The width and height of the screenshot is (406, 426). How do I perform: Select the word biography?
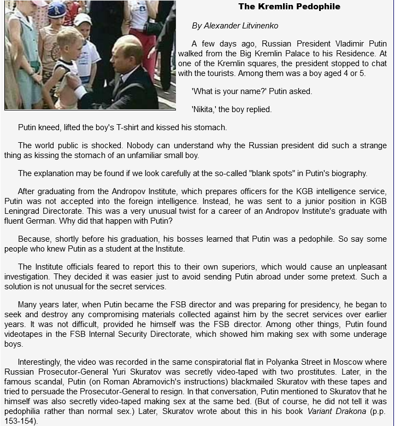[344, 173]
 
